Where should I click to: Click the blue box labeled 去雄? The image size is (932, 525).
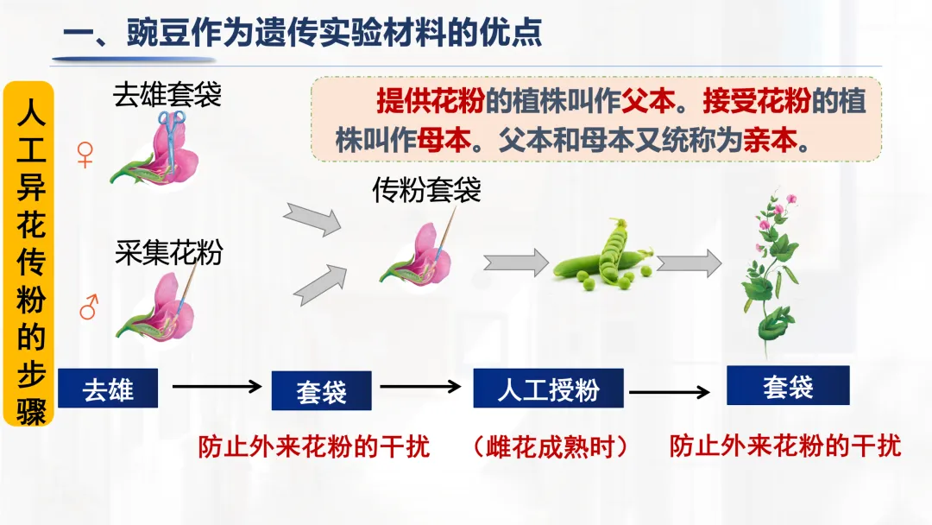[x=109, y=388]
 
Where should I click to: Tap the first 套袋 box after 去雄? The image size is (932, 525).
[x=321, y=391]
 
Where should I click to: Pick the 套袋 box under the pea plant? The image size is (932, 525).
[x=787, y=385]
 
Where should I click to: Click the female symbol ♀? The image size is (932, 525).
[x=85, y=155]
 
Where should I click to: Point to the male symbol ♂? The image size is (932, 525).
[x=88, y=307]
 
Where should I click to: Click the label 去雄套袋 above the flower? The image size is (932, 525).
[x=167, y=94]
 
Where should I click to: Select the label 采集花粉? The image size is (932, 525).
[x=169, y=252]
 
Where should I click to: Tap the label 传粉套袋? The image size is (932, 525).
[x=426, y=190]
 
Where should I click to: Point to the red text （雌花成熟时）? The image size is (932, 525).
[x=550, y=446]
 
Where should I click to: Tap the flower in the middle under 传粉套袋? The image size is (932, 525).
[x=417, y=256]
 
